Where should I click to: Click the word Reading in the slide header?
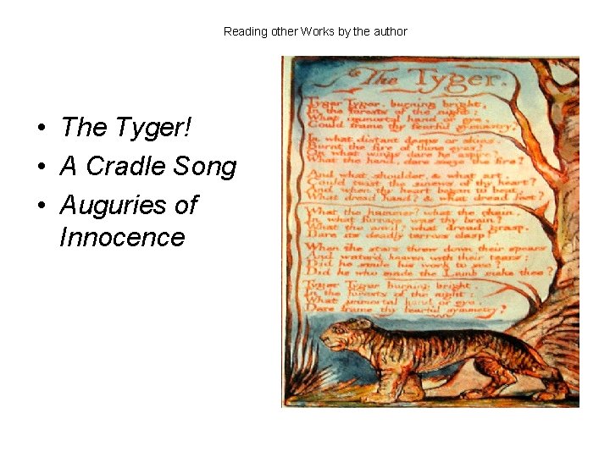[242, 31]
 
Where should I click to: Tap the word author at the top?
[390, 31]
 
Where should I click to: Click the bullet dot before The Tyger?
[41, 129]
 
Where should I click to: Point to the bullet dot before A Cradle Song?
[41, 168]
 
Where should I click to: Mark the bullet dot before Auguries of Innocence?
[41, 206]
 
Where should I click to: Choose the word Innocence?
[122, 237]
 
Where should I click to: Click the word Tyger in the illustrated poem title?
[454, 80]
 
